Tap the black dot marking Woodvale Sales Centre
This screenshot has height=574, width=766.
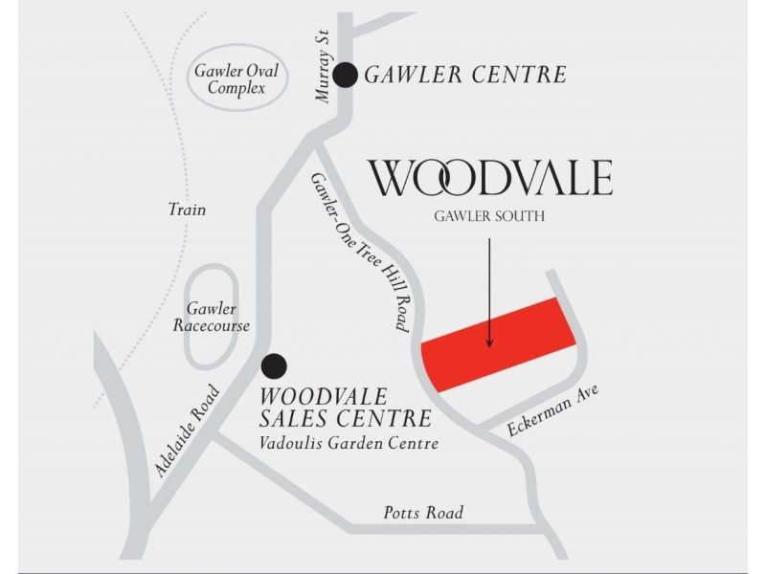(x=275, y=366)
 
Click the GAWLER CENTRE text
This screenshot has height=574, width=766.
(x=467, y=75)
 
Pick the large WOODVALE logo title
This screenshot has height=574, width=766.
(x=490, y=179)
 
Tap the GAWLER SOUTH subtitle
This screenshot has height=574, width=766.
(x=490, y=217)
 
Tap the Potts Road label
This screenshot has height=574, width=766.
(x=422, y=513)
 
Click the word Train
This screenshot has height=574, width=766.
(x=187, y=210)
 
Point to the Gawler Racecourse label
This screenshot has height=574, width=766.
(x=212, y=318)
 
